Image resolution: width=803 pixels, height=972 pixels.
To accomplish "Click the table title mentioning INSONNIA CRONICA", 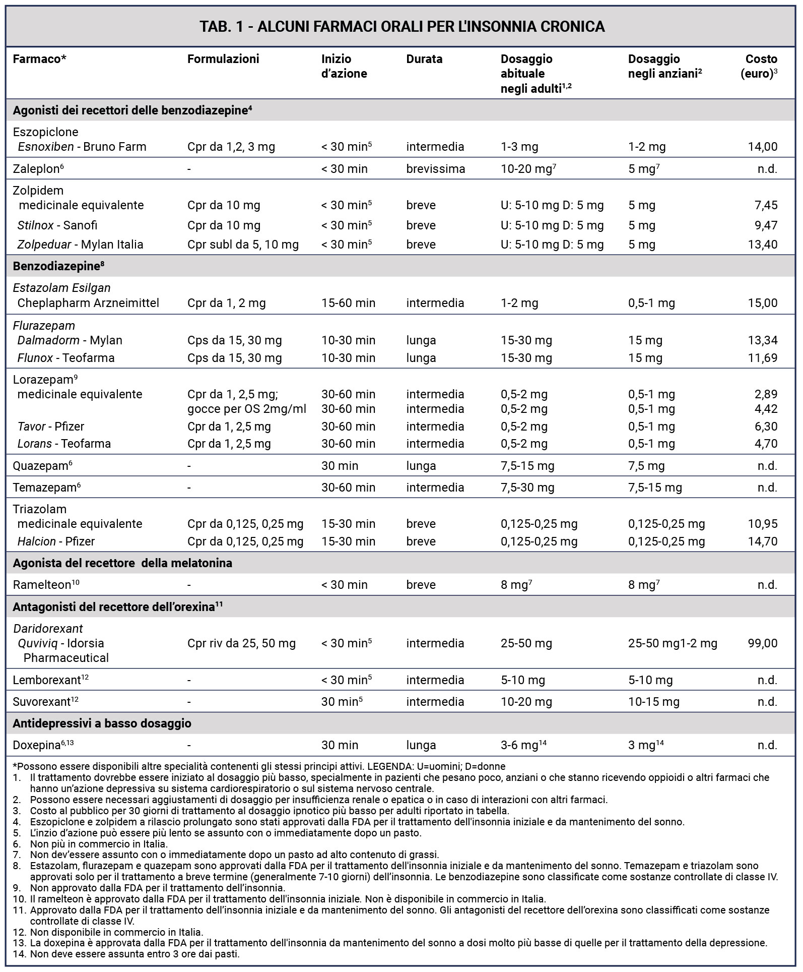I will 401,26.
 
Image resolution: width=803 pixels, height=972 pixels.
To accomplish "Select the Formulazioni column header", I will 223,59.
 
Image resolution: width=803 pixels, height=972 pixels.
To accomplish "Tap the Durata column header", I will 424,59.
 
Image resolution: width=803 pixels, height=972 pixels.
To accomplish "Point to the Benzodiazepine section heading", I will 58,266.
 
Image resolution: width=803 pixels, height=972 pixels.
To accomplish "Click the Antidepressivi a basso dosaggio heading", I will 102,723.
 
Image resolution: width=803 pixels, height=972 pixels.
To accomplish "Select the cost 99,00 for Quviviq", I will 763,643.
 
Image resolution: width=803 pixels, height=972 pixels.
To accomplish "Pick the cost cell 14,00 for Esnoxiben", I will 763,147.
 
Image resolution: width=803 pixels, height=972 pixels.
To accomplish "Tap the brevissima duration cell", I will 436,169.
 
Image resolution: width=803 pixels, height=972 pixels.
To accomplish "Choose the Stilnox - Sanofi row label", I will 57,225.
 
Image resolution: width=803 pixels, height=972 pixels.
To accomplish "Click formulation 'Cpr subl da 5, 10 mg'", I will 243,245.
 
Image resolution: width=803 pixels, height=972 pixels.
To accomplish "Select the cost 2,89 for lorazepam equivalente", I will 766,394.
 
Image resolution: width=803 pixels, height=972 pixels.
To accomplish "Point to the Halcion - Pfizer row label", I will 56,541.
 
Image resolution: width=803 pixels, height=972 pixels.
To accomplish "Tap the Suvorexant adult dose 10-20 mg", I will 526,702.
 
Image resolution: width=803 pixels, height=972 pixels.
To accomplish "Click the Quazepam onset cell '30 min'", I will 340,465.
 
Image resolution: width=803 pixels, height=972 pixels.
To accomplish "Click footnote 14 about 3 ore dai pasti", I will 135,954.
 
